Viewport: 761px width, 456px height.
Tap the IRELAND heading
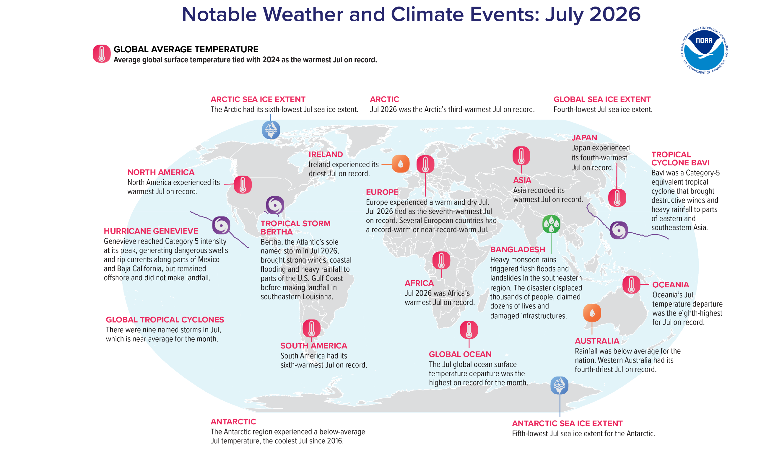pyautogui.click(x=326, y=154)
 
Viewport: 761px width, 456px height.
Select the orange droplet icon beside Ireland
pyautogui.click(x=401, y=164)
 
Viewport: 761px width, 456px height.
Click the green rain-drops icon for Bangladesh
pyautogui.click(x=551, y=224)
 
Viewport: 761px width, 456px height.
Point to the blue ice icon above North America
pyautogui.click(x=271, y=130)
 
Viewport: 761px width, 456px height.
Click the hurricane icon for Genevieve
pyautogui.click(x=221, y=225)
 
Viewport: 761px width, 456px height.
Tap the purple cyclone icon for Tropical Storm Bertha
pyautogui.click(x=275, y=205)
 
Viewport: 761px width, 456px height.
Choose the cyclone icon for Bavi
pyautogui.click(x=618, y=230)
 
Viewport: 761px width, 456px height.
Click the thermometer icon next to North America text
pyautogui.click(x=243, y=185)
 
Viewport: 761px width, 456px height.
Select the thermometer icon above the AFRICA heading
pyautogui.click(x=441, y=260)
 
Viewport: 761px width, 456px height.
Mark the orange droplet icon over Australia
pyautogui.click(x=592, y=313)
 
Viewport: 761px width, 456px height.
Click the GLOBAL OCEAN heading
pyautogui.click(x=460, y=354)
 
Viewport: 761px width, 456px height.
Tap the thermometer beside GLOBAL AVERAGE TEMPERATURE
pyautogui.click(x=101, y=54)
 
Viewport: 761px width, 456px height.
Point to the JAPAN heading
pyautogui.click(x=584, y=138)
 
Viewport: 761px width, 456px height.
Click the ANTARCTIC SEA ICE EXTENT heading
pyautogui.click(x=567, y=424)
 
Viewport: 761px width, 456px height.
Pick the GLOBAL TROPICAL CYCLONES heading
pyautogui.click(x=165, y=320)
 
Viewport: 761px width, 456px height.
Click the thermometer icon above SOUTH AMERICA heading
pyautogui.click(x=311, y=328)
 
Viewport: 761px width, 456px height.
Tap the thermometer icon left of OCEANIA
pyautogui.click(x=631, y=284)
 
